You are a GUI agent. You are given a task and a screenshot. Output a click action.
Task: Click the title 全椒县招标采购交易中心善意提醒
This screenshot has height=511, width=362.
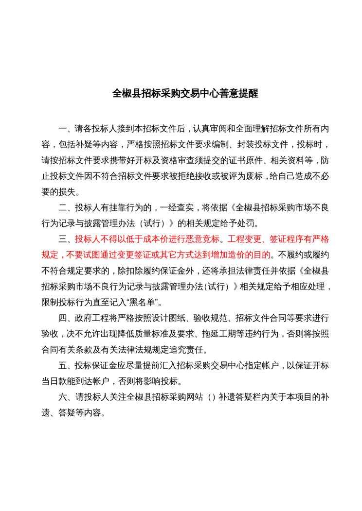click(x=185, y=93)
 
